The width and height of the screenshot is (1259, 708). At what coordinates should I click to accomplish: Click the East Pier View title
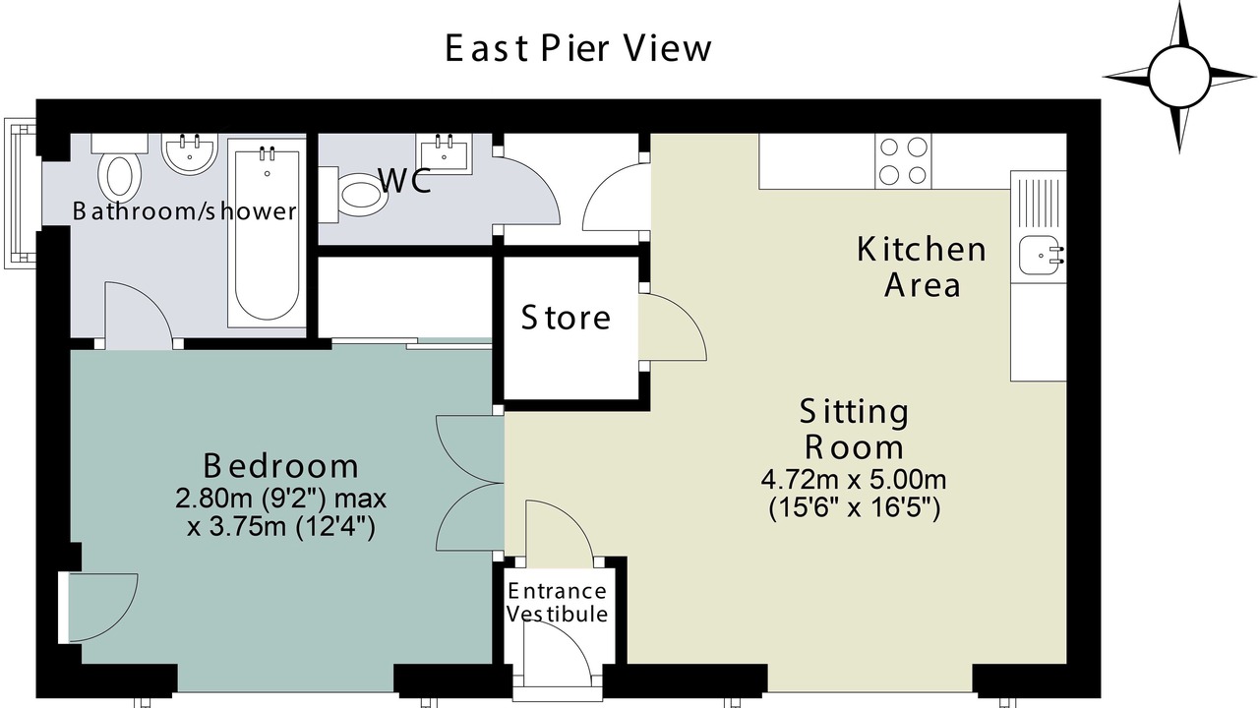[577, 48]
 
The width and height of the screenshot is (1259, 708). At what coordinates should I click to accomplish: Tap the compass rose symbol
[1178, 77]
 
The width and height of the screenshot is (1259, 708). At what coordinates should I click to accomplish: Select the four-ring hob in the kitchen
[903, 161]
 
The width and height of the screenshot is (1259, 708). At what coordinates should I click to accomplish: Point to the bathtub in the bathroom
[267, 233]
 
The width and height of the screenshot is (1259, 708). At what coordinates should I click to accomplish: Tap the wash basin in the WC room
[444, 151]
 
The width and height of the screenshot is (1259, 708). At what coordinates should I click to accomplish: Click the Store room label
[566, 318]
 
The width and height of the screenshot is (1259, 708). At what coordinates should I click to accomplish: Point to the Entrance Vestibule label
[557, 603]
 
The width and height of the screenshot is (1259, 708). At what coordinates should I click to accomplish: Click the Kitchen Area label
[922, 266]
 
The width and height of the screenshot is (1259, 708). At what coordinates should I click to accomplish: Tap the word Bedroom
[280, 466]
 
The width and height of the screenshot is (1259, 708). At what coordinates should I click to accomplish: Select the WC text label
[405, 180]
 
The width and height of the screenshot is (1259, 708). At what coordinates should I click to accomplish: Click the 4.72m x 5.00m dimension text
[854, 480]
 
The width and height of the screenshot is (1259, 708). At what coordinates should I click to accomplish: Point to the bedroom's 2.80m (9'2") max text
[281, 499]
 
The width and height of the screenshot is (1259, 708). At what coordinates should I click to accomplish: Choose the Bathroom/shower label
[184, 211]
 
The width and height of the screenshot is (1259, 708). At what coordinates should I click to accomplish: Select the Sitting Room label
[855, 430]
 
